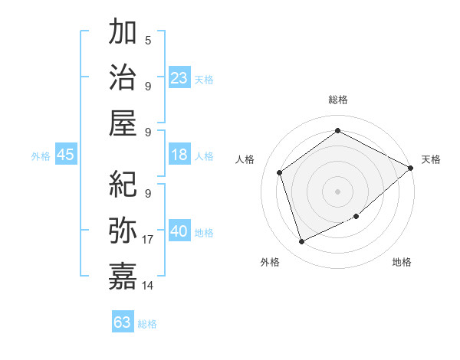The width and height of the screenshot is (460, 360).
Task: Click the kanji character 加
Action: (123, 33)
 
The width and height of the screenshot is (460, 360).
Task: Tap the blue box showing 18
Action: (179, 155)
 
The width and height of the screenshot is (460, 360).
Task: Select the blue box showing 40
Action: (179, 231)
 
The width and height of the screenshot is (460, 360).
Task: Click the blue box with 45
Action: (65, 155)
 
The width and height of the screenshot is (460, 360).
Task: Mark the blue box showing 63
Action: (123, 322)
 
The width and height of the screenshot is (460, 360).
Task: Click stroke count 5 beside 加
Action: (148, 40)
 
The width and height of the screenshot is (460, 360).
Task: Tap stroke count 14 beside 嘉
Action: (148, 285)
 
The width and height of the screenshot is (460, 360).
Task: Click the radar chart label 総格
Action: (338, 100)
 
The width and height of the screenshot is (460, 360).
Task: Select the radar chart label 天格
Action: (431, 159)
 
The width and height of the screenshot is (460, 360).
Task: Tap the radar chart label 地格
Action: (402, 262)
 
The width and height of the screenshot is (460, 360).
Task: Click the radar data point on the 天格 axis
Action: (410, 168)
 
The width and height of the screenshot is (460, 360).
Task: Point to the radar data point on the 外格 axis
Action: (301, 242)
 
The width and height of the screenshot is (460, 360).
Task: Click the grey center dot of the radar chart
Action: (338, 191)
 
